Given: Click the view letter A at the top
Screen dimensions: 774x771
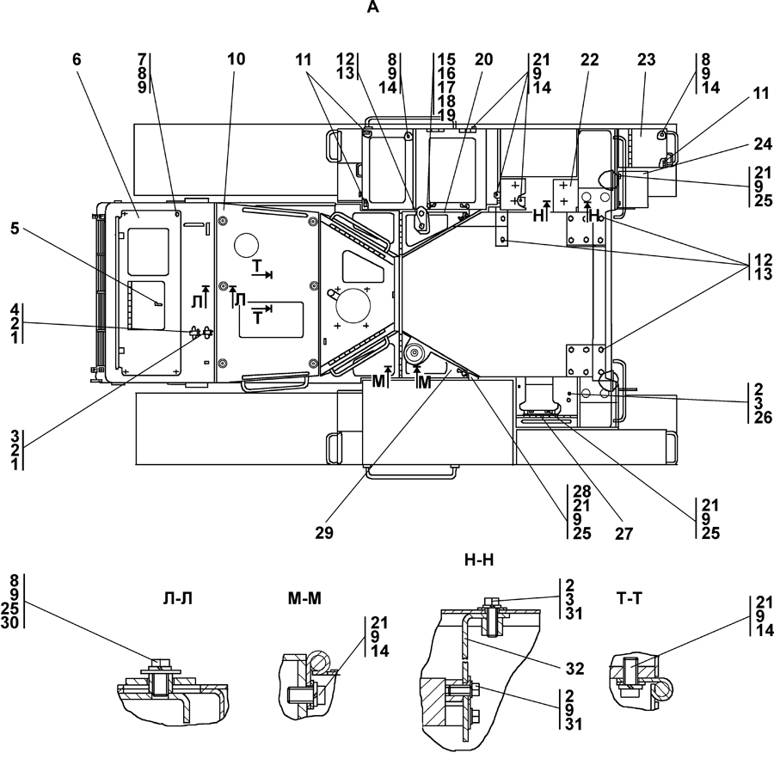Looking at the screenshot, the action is pyautogui.click(x=373, y=8).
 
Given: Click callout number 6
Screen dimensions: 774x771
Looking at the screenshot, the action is pyautogui.click(x=77, y=59).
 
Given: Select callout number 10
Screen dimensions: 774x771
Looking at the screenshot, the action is pyautogui.click(x=236, y=59).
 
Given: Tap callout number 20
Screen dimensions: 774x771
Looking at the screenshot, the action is pyautogui.click(x=483, y=59).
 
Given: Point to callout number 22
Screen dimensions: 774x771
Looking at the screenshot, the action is pyautogui.click(x=589, y=60).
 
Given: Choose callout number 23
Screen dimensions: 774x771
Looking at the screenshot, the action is pyautogui.click(x=646, y=60).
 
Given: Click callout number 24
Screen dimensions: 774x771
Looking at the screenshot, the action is pyautogui.click(x=763, y=144).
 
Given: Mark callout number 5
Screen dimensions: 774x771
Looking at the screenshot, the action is pyautogui.click(x=15, y=229).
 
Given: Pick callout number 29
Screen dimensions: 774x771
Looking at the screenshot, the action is pyautogui.click(x=324, y=533).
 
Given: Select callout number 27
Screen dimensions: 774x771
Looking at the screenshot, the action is pyautogui.click(x=624, y=533).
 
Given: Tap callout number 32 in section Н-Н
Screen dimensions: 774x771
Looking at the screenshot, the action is pyautogui.click(x=575, y=669).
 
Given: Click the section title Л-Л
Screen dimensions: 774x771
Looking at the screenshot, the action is pyautogui.click(x=176, y=598).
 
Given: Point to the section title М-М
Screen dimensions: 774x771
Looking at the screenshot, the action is pyautogui.click(x=304, y=598).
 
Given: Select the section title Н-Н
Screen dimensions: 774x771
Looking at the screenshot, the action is pyautogui.click(x=479, y=560).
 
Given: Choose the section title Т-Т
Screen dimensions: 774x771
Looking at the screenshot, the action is pyautogui.click(x=630, y=598).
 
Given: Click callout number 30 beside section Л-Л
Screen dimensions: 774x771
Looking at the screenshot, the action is pyautogui.click(x=9, y=622).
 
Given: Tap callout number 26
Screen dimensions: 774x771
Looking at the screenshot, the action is pyautogui.click(x=763, y=418).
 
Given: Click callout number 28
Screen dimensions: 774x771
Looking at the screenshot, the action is pyautogui.click(x=582, y=492).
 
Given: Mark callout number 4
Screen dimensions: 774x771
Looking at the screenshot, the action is pyautogui.click(x=15, y=309).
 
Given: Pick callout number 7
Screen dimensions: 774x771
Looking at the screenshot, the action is pyautogui.click(x=142, y=59).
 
